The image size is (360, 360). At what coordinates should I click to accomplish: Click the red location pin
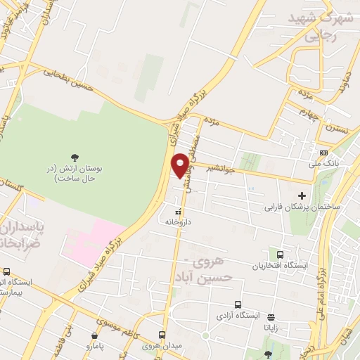click(181, 165)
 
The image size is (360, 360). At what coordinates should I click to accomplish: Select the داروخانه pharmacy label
click(179, 221)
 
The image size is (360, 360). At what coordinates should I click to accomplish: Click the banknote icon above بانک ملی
click(323, 153)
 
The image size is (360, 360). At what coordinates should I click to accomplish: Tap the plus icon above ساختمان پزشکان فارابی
click(302, 195)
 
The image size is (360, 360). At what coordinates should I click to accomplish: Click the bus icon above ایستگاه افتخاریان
click(281, 255)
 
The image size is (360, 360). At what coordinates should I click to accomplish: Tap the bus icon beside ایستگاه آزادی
click(238, 305)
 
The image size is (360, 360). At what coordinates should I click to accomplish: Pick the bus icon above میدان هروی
click(162, 335)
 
